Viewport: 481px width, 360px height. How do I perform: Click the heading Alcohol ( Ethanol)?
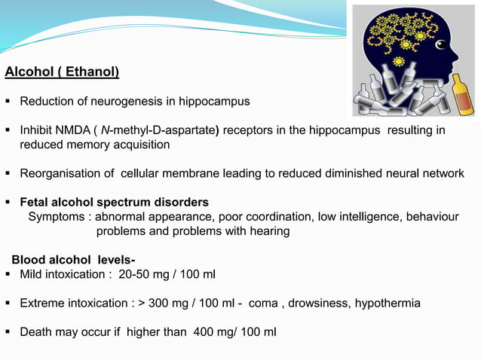(62, 73)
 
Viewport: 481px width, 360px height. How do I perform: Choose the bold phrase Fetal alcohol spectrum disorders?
(114, 203)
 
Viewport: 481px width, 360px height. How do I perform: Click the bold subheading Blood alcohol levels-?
(73, 260)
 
